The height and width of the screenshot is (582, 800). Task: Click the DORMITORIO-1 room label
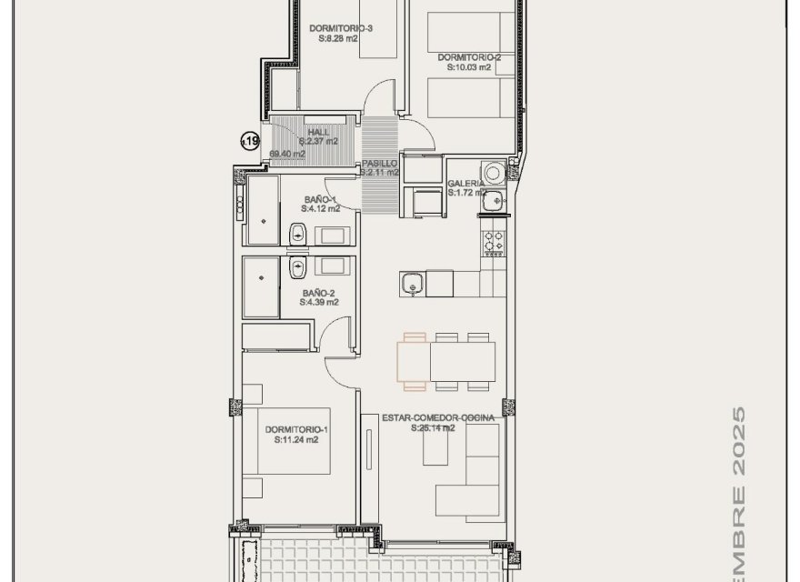pos(292,429)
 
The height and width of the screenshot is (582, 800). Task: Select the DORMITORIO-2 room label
pos(468,57)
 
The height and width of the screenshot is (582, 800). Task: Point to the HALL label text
pos(318,132)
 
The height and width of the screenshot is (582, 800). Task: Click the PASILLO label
pos(379,163)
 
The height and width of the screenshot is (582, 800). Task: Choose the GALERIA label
pos(465,184)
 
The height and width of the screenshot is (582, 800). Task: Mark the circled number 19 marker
pos(249,140)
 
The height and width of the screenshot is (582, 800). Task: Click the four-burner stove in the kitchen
pos(493,243)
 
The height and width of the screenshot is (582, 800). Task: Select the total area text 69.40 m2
pos(287,154)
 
